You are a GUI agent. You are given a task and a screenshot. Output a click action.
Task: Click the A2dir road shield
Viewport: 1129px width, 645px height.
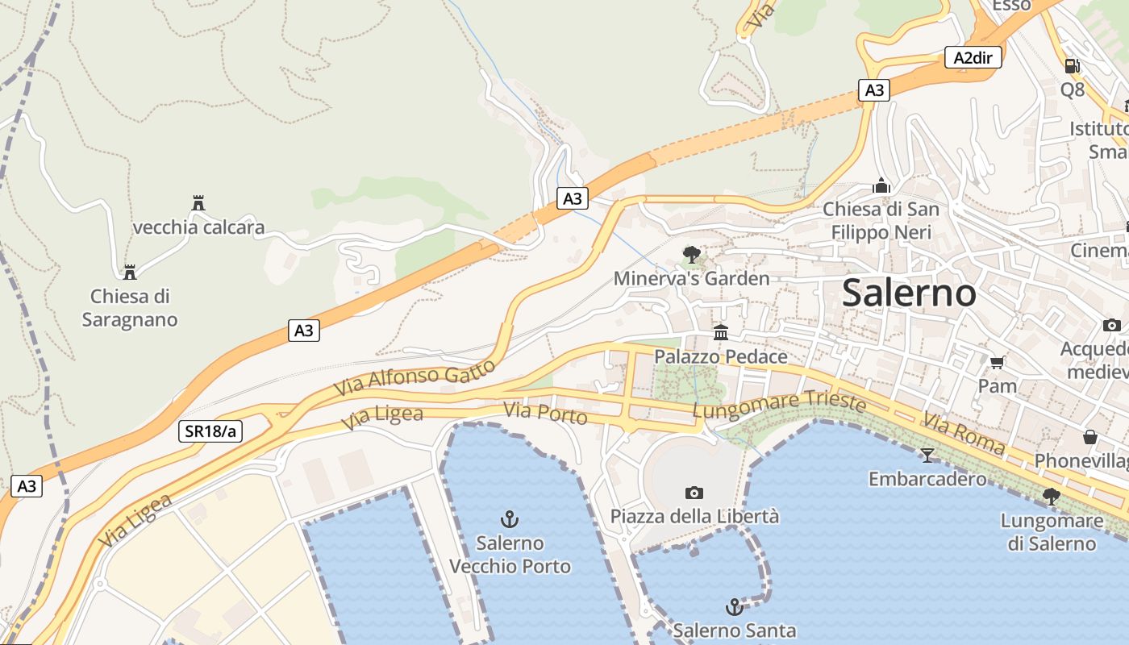pyautogui.click(x=973, y=57)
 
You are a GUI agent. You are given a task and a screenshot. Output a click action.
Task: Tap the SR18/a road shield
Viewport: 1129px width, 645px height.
pyautogui.click(x=210, y=431)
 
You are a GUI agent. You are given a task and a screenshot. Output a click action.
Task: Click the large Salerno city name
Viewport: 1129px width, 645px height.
pyautogui.click(x=909, y=292)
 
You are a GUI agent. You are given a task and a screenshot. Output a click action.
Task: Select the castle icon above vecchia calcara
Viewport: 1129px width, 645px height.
pyautogui.click(x=198, y=202)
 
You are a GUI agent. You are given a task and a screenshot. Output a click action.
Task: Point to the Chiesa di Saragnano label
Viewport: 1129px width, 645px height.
pyautogui.click(x=130, y=307)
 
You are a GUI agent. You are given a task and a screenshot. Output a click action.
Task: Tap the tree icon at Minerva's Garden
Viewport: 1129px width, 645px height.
pyautogui.click(x=691, y=256)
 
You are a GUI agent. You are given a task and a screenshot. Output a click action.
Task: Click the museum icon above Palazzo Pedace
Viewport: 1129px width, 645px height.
pyautogui.click(x=720, y=332)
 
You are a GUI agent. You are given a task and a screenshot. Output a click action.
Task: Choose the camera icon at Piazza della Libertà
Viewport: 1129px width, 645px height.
pyautogui.click(x=694, y=493)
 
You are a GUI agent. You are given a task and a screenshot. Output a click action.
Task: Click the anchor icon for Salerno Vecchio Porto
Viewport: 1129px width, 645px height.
pyautogui.click(x=509, y=518)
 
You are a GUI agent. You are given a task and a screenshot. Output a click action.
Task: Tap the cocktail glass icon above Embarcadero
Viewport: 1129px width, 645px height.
pyautogui.click(x=927, y=456)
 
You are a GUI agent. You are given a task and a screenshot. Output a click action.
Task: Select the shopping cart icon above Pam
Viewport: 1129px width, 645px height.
pyautogui.click(x=998, y=362)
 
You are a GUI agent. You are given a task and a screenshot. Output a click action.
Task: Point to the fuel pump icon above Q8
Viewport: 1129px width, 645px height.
pyautogui.click(x=1072, y=65)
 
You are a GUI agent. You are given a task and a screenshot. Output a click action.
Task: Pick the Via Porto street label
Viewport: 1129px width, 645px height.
pyautogui.click(x=545, y=414)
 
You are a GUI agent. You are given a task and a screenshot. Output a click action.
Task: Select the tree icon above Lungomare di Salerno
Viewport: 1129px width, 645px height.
pyautogui.click(x=1051, y=497)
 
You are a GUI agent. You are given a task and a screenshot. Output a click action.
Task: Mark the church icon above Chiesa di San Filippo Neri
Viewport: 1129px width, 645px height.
pyautogui.click(x=881, y=186)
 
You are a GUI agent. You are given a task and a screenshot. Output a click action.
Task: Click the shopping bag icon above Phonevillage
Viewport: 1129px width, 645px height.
pyautogui.click(x=1090, y=437)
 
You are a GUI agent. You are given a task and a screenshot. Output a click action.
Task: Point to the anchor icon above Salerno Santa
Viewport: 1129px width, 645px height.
pyautogui.click(x=734, y=606)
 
